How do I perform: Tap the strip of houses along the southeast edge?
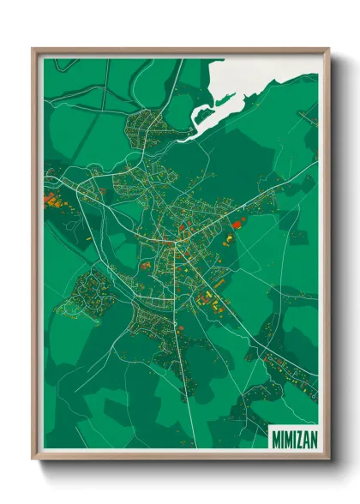tap(287, 369)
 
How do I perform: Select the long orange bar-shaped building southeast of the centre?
tap(219, 284)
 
